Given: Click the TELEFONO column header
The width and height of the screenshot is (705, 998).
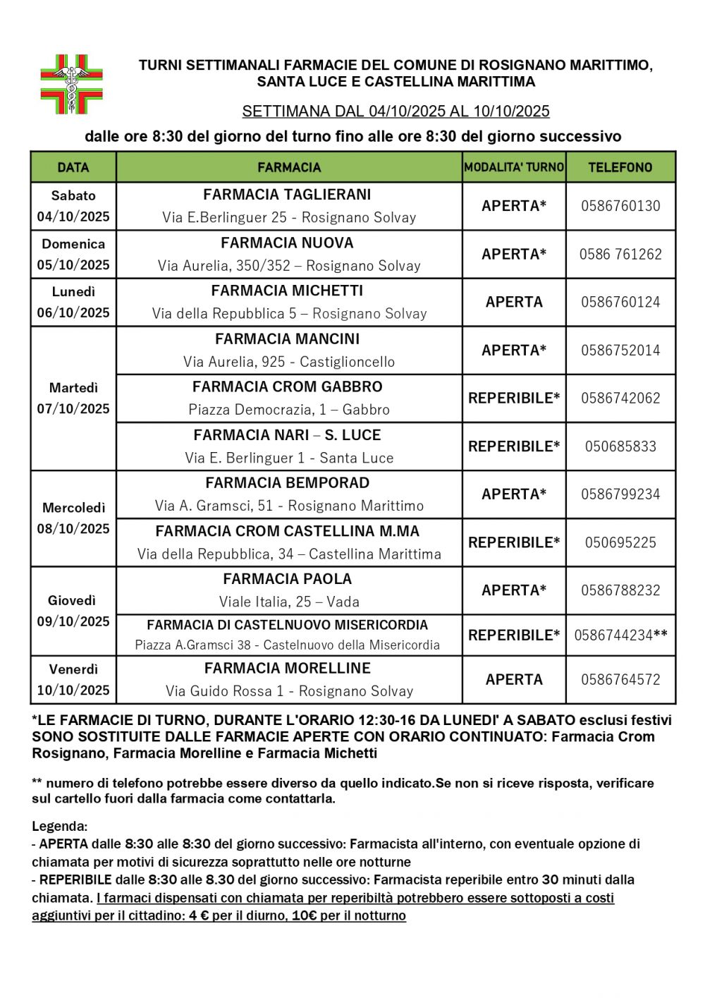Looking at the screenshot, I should (x=620, y=168).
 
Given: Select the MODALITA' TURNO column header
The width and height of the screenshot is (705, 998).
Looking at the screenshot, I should (x=514, y=168).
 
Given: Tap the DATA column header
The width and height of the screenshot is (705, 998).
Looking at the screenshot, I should (x=73, y=168).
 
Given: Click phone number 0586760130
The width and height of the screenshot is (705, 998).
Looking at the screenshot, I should (x=620, y=206).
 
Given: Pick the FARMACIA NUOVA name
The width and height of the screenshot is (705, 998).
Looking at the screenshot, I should (x=287, y=243).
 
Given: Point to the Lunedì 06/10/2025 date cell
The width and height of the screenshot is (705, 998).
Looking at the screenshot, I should (x=73, y=302).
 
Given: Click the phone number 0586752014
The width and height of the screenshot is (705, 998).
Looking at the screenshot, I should (x=620, y=351).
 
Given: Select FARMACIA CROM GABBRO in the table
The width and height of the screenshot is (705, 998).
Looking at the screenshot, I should (x=288, y=387).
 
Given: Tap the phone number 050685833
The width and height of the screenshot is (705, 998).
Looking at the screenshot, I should (x=620, y=446).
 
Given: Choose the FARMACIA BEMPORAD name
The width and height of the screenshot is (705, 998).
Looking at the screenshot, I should (x=288, y=483).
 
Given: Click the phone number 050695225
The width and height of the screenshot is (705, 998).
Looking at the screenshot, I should (x=620, y=542).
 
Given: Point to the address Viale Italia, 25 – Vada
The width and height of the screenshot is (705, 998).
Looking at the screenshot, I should (x=289, y=602).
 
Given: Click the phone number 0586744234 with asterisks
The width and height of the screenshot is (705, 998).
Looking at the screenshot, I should (x=620, y=635).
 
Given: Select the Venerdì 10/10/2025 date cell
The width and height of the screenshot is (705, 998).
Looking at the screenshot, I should (x=73, y=680).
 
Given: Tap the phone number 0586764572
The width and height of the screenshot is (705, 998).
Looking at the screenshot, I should (x=620, y=680).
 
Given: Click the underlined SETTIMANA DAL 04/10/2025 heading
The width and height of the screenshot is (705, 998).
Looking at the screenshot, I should (x=396, y=111).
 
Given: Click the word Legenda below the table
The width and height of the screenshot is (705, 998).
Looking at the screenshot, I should (x=59, y=826).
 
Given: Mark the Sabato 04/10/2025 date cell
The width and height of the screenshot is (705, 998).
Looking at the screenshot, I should (x=73, y=206).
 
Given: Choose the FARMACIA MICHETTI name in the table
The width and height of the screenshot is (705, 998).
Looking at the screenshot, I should (x=287, y=291).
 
